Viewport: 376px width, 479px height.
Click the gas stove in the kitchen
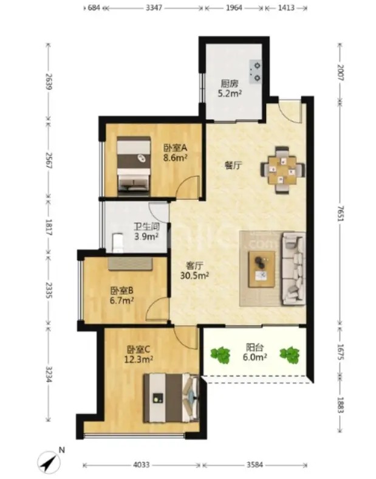(256, 72)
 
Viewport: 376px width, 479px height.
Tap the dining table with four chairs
(282, 170)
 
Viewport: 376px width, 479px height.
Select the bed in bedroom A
(134, 166)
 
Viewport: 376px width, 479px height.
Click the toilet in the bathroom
(118, 243)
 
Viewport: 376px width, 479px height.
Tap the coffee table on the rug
(262, 269)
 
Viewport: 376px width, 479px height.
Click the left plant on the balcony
(220, 355)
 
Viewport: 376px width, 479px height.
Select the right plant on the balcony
(290, 355)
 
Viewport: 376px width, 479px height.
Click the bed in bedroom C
(171, 398)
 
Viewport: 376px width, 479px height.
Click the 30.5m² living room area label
(194, 275)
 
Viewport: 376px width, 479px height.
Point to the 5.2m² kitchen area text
(230, 93)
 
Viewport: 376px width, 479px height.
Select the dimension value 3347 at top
(154, 8)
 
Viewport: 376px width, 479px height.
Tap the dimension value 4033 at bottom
(142, 465)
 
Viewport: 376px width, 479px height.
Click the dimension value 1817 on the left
(49, 227)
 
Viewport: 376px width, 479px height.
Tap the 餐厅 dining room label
(233, 165)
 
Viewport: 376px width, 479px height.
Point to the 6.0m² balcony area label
(255, 357)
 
